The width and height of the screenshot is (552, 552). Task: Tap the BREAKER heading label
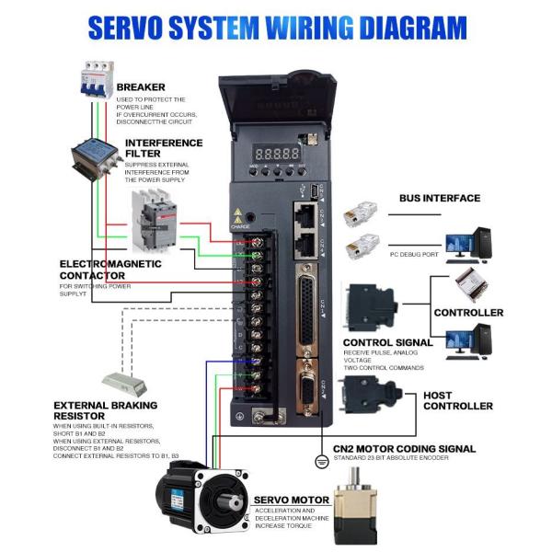[141, 87]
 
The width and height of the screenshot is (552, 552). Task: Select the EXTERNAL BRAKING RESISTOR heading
[105, 409]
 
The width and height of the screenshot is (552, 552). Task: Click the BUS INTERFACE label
[439, 198]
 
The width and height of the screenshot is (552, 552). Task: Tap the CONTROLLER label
[468, 312]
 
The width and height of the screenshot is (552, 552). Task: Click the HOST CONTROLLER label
[457, 400]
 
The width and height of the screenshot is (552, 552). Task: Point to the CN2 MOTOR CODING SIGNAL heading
[404, 449]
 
